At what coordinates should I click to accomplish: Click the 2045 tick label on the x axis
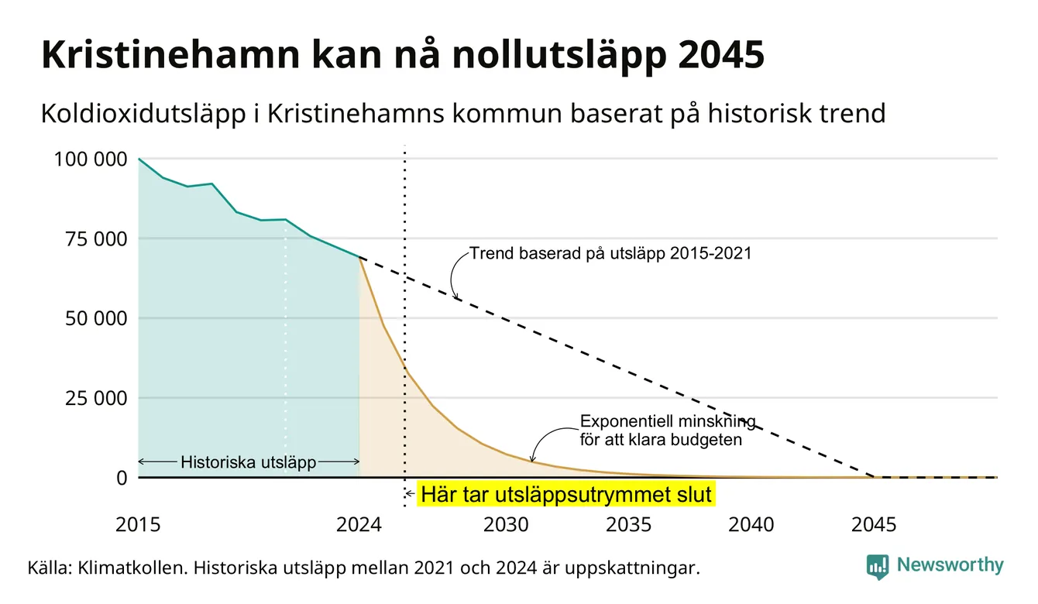(x=874, y=525)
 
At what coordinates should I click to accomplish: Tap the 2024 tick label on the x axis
(x=359, y=525)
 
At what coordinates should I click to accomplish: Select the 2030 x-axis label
(x=506, y=525)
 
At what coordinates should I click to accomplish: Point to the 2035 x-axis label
(x=629, y=525)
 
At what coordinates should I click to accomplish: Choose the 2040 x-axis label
(x=751, y=525)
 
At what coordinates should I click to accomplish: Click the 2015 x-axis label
(x=138, y=525)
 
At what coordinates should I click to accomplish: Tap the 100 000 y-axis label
(x=91, y=160)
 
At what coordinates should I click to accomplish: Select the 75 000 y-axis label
(x=96, y=239)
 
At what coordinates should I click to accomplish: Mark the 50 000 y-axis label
(x=96, y=319)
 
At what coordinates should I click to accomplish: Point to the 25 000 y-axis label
(x=96, y=398)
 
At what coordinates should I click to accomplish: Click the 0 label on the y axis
(x=122, y=478)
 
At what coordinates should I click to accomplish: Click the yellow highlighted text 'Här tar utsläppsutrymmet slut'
(x=566, y=494)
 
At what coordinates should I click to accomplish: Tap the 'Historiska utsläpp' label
(x=249, y=462)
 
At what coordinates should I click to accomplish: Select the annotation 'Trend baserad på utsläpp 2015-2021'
(x=610, y=253)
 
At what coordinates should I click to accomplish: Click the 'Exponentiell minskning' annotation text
(x=668, y=421)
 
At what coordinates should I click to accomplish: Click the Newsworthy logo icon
(x=878, y=567)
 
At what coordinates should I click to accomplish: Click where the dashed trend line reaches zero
(x=875, y=477)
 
